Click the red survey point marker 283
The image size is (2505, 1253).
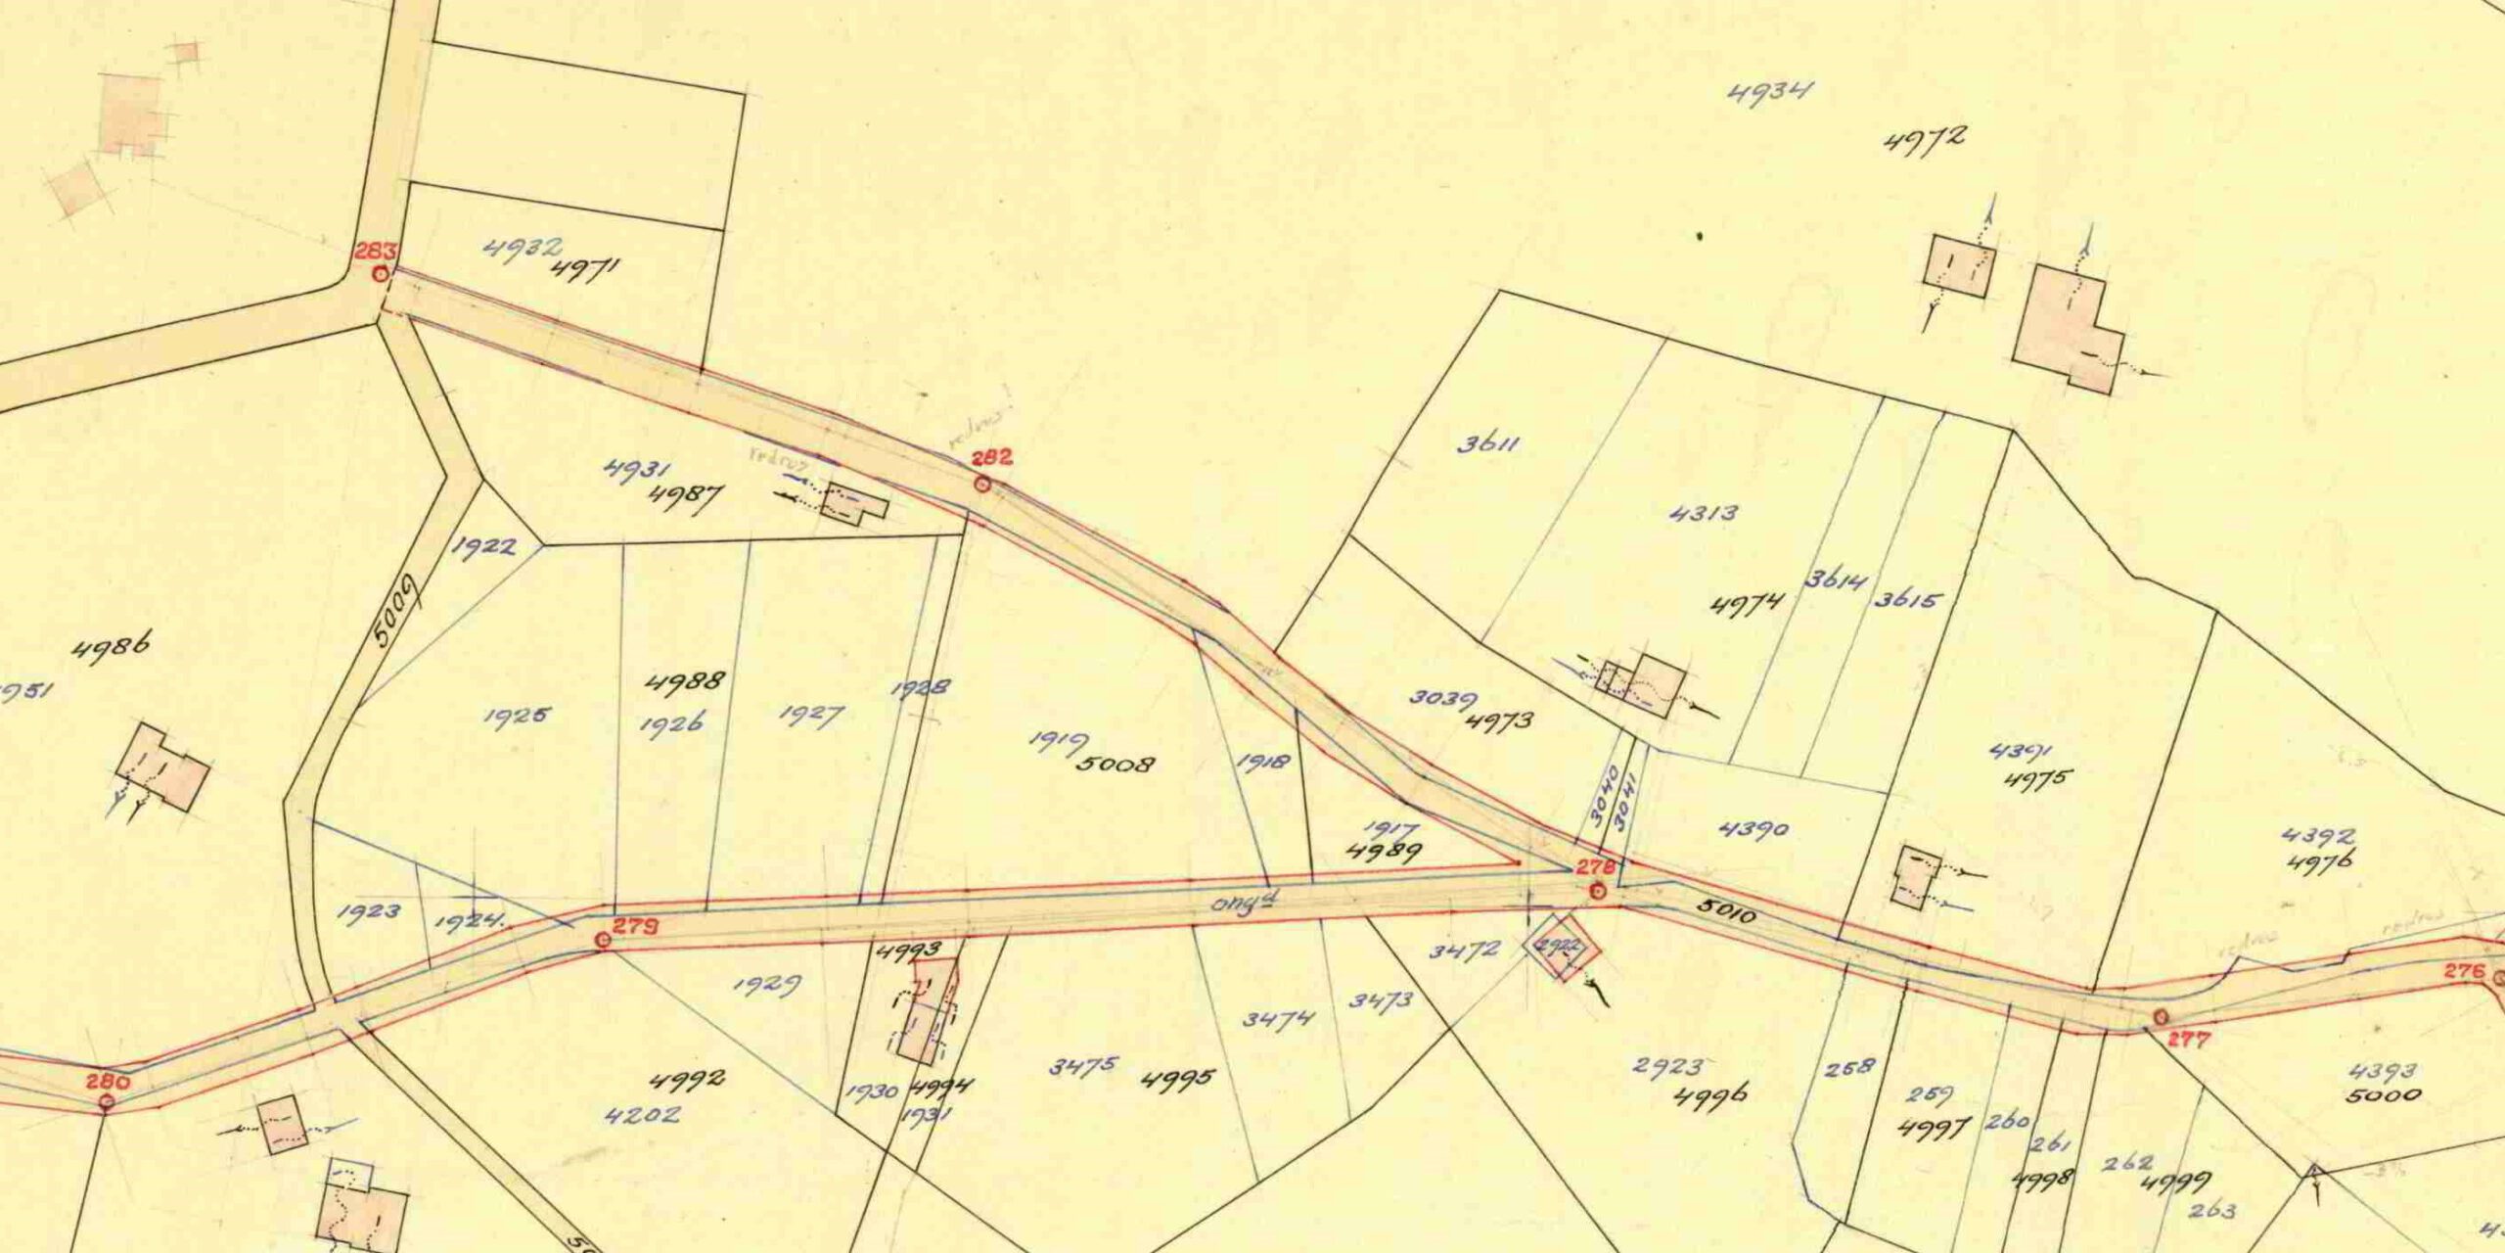(380, 275)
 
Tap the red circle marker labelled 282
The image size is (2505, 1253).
(982, 484)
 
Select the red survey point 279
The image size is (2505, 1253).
(604, 940)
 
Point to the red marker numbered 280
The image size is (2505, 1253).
(107, 1102)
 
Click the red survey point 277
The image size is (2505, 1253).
(2160, 1017)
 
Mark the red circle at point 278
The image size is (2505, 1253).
(1597, 891)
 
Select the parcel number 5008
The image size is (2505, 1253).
(1116, 763)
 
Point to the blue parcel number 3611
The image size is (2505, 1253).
(1487, 443)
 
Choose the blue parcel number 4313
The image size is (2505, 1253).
(1704, 512)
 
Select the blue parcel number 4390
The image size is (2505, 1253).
(1753, 829)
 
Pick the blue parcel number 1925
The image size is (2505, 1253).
(516, 716)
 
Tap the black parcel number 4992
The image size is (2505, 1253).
(688, 1080)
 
